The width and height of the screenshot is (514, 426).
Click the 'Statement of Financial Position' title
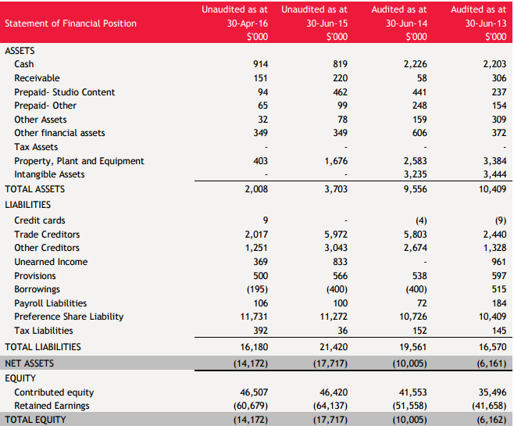70,23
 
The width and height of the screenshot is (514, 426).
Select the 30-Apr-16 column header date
248,23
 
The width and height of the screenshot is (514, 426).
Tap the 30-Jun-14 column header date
406,23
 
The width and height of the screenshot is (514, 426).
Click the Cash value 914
260,64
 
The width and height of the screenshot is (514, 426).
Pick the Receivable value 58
422,78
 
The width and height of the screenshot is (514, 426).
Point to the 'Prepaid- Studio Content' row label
65,92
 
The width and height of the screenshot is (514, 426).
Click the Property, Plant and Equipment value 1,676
336,161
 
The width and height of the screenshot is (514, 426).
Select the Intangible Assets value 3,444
494,174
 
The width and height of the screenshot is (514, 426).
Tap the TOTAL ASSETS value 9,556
416,189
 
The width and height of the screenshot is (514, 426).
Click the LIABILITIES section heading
28,205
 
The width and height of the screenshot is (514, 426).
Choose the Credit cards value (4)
421,220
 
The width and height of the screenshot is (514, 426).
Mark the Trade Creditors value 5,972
336,234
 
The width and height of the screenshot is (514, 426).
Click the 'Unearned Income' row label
51,262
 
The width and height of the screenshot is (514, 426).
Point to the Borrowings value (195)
257,289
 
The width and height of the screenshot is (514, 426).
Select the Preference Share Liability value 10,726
413,317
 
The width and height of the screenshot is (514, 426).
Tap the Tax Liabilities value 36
343,330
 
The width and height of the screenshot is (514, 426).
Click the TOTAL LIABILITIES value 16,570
493,346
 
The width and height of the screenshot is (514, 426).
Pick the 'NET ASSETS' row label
30,363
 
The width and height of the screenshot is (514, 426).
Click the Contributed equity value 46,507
254,392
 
